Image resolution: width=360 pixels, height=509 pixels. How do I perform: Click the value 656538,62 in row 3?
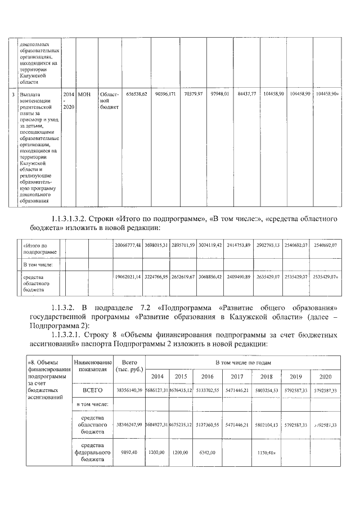click(x=137, y=94)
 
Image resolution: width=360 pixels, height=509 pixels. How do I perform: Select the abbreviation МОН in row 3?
click(x=84, y=94)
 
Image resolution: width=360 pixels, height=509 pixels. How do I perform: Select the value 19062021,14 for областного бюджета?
click(x=128, y=277)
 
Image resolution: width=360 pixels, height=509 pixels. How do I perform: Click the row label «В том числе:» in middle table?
click(x=38, y=264)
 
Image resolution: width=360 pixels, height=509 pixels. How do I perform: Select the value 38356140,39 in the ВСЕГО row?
click(x=129, y=389)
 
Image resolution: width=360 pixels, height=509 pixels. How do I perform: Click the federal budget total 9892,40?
click(x=129, y=452)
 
